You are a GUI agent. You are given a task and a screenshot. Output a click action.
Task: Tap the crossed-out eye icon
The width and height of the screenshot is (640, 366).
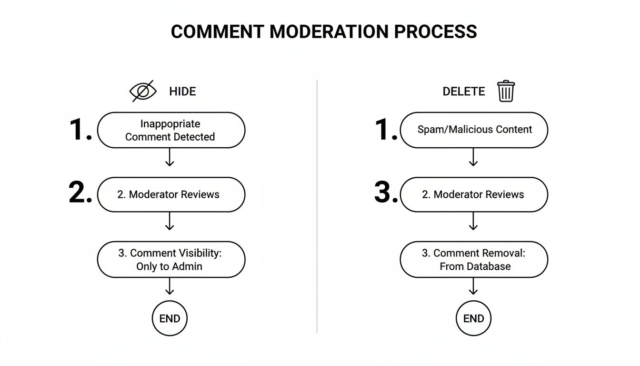click(143, 91)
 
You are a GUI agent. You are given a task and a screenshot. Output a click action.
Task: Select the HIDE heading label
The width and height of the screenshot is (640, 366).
click(182, 91)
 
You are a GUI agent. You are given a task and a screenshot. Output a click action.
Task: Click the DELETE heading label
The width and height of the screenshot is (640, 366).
click(463, 91)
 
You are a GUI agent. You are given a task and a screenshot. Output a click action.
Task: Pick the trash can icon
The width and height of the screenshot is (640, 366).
click(506, 91)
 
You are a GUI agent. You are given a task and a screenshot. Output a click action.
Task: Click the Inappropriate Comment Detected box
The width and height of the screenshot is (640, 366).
click(171, 130)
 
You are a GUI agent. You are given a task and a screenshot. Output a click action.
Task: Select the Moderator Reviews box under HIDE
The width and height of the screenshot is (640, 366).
click(171, 194)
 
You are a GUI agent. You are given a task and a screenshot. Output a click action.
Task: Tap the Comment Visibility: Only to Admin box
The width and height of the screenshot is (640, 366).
click(171, 260)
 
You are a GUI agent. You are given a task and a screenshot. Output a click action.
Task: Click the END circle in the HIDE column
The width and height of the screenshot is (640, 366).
click(170, 318)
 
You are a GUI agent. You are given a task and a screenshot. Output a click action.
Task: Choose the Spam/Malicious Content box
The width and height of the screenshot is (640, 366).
click(474, 130)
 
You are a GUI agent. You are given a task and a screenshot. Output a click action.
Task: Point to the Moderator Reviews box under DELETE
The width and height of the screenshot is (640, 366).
click(474, 194)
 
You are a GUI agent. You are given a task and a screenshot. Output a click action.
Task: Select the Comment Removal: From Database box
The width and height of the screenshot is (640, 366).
click(474, 260)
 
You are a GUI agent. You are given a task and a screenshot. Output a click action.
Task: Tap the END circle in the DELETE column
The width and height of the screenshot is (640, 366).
click(473, 318)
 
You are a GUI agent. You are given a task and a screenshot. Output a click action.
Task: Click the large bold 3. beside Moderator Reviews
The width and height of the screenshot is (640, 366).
click(386, 193)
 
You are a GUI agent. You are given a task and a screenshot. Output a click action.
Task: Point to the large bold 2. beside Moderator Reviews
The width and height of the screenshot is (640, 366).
click(80, 193)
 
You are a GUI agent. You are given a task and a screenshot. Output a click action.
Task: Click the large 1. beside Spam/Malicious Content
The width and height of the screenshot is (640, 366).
click(386, 129)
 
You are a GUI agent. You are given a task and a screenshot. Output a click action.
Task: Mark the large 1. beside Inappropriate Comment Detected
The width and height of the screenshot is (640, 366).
click(80, 129)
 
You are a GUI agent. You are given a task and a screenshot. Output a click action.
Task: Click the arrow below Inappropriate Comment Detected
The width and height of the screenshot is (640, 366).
click(170, 157)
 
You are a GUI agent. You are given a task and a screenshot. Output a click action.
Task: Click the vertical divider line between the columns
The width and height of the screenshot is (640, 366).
click(317, 205)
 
